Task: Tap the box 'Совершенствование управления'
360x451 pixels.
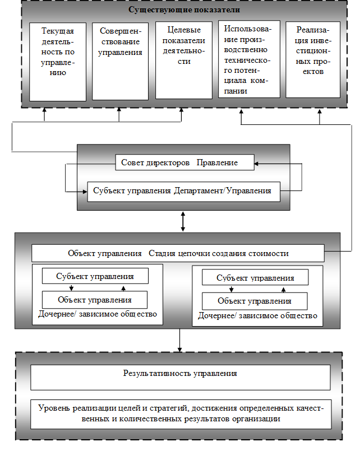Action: click(120, 61)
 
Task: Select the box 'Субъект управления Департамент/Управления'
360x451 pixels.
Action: click(184, 190)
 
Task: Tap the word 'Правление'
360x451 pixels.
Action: click(217, 162)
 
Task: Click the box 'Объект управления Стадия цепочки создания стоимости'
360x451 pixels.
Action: click(178, 253)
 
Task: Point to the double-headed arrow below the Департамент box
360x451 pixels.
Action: click(183, 221)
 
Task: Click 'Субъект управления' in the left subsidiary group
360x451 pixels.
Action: click(95, 276)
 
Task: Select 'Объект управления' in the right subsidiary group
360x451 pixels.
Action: click(255, 301)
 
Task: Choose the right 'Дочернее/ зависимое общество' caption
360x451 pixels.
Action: click(257, 315)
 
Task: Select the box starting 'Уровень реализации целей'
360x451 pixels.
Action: click(180, 413)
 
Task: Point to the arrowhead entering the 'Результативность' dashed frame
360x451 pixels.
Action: click(180, 348)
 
